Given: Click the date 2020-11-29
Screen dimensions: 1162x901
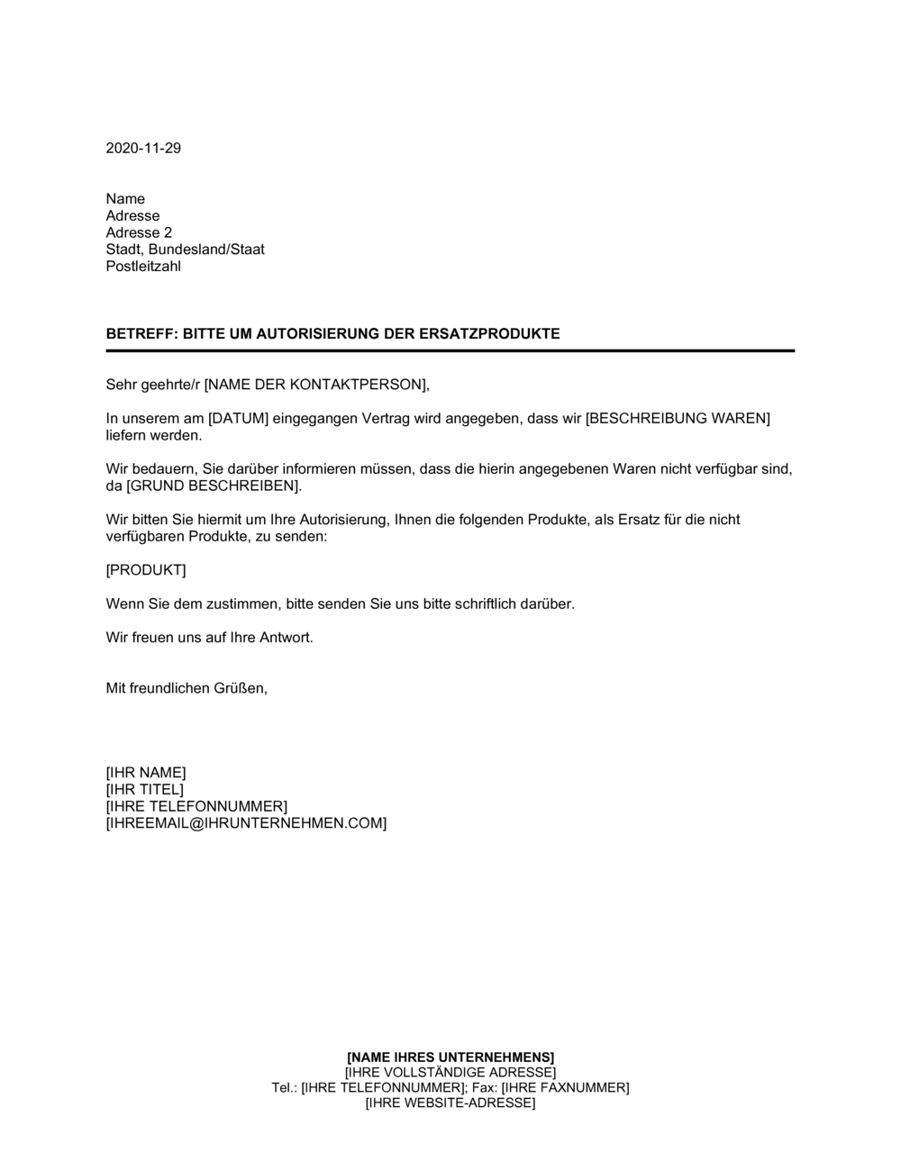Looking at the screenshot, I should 143,149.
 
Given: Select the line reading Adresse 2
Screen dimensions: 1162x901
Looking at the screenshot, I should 139,232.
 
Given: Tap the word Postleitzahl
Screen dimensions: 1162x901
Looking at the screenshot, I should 143,267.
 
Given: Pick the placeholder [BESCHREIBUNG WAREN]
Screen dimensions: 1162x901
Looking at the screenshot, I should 678,419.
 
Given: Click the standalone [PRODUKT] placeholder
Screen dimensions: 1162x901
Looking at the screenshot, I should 146,570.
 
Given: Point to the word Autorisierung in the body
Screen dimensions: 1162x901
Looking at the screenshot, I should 338,520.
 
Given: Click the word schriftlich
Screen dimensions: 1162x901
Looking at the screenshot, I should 454,604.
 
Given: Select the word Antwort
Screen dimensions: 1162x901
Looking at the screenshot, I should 286,638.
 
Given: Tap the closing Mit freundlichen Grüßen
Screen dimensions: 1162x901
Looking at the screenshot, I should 187,688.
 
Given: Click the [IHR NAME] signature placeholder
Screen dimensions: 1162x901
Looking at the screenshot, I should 146,773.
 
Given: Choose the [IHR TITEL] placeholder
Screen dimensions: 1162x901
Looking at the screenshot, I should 144,790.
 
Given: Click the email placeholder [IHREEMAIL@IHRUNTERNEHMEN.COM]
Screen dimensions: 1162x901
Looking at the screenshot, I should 246,823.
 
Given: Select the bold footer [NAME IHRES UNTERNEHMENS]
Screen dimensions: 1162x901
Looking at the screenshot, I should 450,1057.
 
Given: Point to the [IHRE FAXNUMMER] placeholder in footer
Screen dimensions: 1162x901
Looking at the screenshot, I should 565,1087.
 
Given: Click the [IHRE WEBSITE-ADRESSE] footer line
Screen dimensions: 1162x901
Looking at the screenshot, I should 450,1103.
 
